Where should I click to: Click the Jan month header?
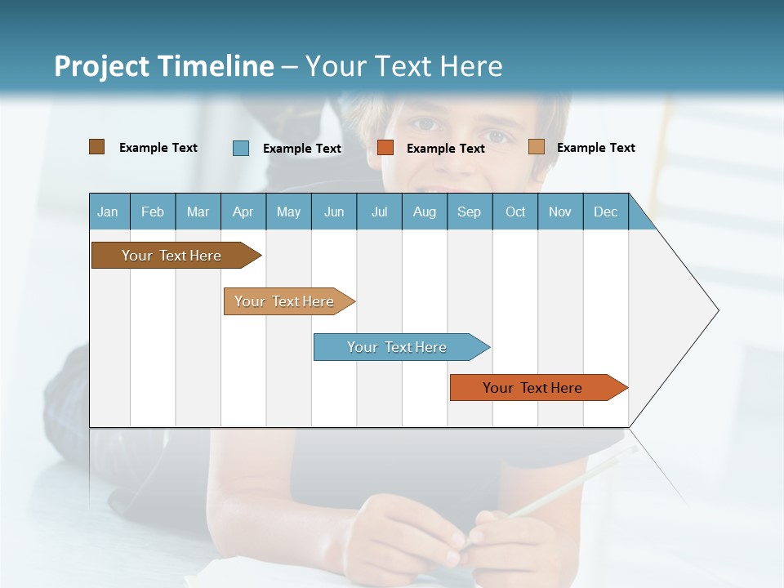(108, 212)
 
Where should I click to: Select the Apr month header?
(243, 212)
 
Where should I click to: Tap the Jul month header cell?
(379, 212)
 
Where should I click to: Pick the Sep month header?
(469, 212)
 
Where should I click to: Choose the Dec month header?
(605, 212)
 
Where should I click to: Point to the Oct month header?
(515, 212)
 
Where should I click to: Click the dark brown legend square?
(96, 147)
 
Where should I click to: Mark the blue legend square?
(241, 148)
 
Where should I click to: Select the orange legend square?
(385, 148)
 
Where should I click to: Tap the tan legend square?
(536, 147)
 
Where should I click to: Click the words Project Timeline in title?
(163, 66)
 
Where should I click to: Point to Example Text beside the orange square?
(445, 149)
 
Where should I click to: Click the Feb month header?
(153, 212)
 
